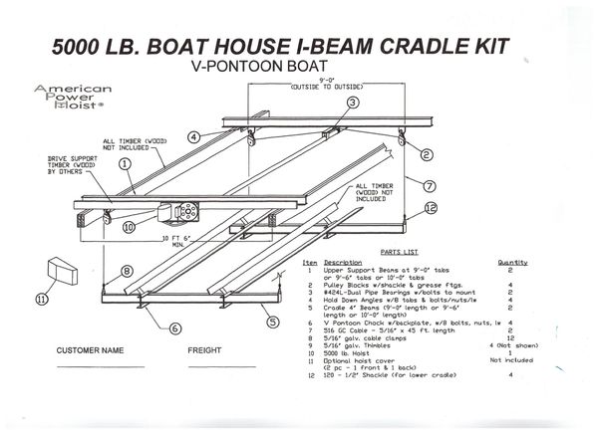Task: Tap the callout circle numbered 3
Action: pos(352,103)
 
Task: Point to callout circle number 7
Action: pos(429,185)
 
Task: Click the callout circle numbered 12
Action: pos(431,207)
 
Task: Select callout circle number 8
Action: pos(127,270)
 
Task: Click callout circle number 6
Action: pos(174,327)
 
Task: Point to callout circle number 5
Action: pos(268,321)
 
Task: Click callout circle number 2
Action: pos(426,154)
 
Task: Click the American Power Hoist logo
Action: pos(73,99)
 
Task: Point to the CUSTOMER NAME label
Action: pos(90,351)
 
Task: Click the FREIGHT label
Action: pos(205,351)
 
